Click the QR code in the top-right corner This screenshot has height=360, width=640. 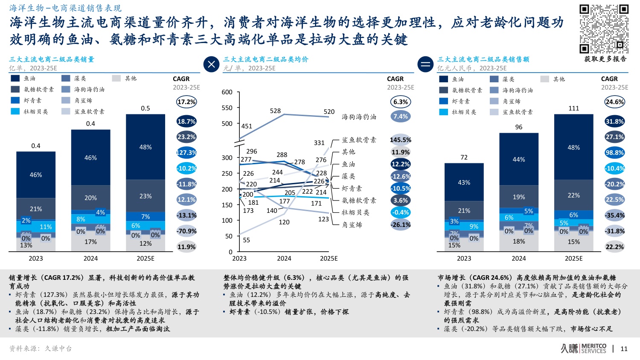click(604, 29)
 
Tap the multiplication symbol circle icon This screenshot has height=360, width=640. click(211, 64)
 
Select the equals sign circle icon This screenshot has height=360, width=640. click(425, 64)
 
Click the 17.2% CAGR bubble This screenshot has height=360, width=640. click(186, 102)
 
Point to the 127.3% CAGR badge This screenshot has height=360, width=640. click(186, 153)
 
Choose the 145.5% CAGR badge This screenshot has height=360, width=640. click(400, 140)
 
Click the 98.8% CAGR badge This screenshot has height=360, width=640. click(614, 153)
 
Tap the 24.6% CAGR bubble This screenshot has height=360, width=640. click(614, 102)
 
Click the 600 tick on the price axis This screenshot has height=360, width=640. click(227, 92)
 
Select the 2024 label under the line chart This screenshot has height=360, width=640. click(284, 258)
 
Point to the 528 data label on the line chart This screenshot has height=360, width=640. click(275, 111)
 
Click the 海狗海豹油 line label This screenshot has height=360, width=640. click(359, 116)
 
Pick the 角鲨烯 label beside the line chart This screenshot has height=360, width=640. click(352, 225)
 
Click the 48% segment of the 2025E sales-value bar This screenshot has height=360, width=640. click(573, 148)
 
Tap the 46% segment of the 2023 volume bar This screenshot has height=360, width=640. click(36, 175)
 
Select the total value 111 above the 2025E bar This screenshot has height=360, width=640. click(573, 108)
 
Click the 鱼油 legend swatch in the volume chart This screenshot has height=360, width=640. click(15, 78)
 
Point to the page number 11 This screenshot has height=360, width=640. click(624, 349)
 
